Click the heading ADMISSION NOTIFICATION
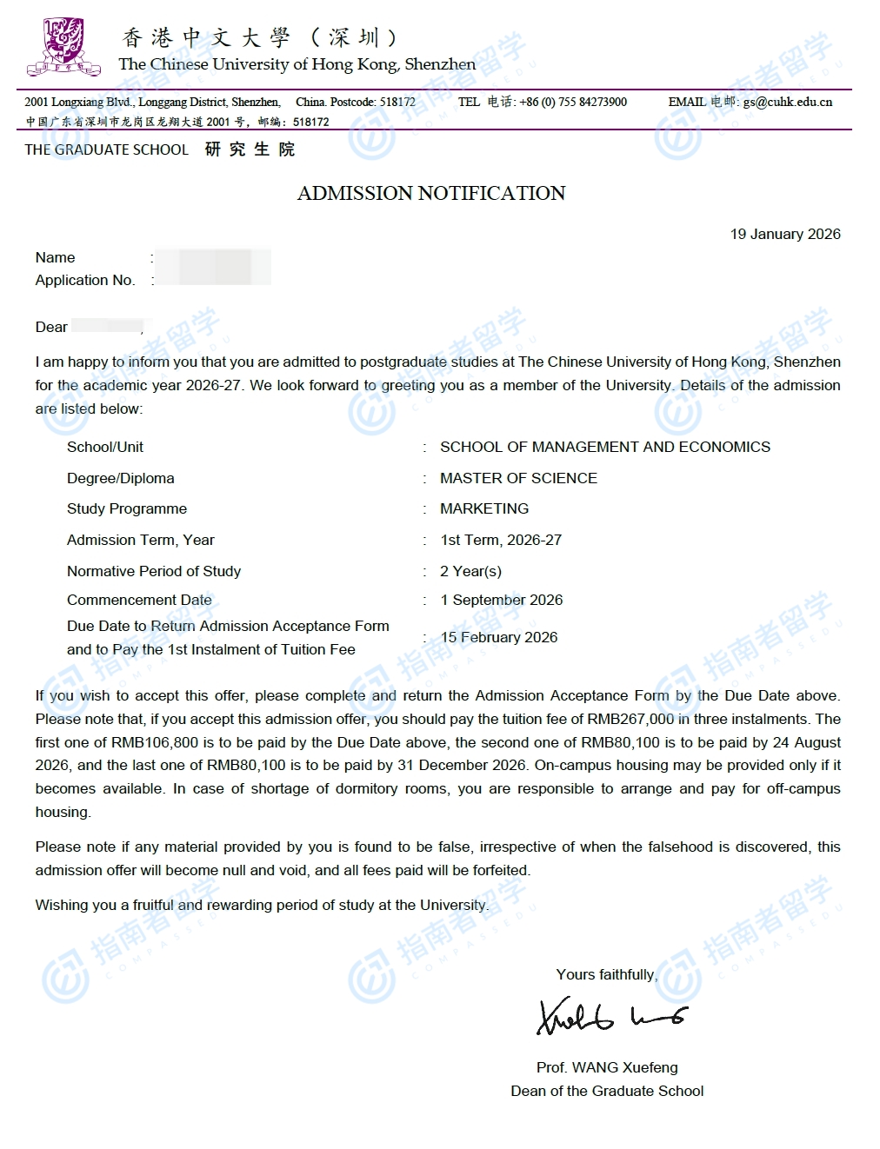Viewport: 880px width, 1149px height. point(431,193)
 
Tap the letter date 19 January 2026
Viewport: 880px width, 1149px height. point(785,234)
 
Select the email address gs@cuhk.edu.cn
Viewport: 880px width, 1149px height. point(787,102)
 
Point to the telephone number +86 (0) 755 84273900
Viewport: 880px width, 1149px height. point(573,102)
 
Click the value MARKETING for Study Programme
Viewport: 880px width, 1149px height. point(484,508)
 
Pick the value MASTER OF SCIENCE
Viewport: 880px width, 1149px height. point(518,478)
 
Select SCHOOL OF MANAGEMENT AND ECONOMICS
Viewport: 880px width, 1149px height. point(605,447)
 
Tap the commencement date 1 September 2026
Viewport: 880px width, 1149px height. point(502,600)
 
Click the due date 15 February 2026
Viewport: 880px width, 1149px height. point(499,637)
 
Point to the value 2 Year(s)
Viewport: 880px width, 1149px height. point(470,571)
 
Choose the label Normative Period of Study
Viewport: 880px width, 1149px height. point(154,571)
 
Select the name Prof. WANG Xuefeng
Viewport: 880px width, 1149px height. point(607,1067)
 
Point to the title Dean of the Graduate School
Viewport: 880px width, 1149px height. point(607,1091)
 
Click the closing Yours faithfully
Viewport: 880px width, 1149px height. point(607,974)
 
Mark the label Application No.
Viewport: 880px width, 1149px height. point(85,280)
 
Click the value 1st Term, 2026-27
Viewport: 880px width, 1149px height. point(501,540)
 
